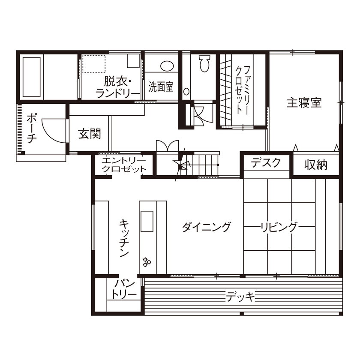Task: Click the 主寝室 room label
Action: [304, 103]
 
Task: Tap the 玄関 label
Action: [90, 134]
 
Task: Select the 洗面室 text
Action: [161, 87]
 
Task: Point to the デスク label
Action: [266, 163]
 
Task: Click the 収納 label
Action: [316, 165]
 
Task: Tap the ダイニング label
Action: [207, 227]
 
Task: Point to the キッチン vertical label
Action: [124, 238]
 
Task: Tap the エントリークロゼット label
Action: [124, 165]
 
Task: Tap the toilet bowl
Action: [204, 65]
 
